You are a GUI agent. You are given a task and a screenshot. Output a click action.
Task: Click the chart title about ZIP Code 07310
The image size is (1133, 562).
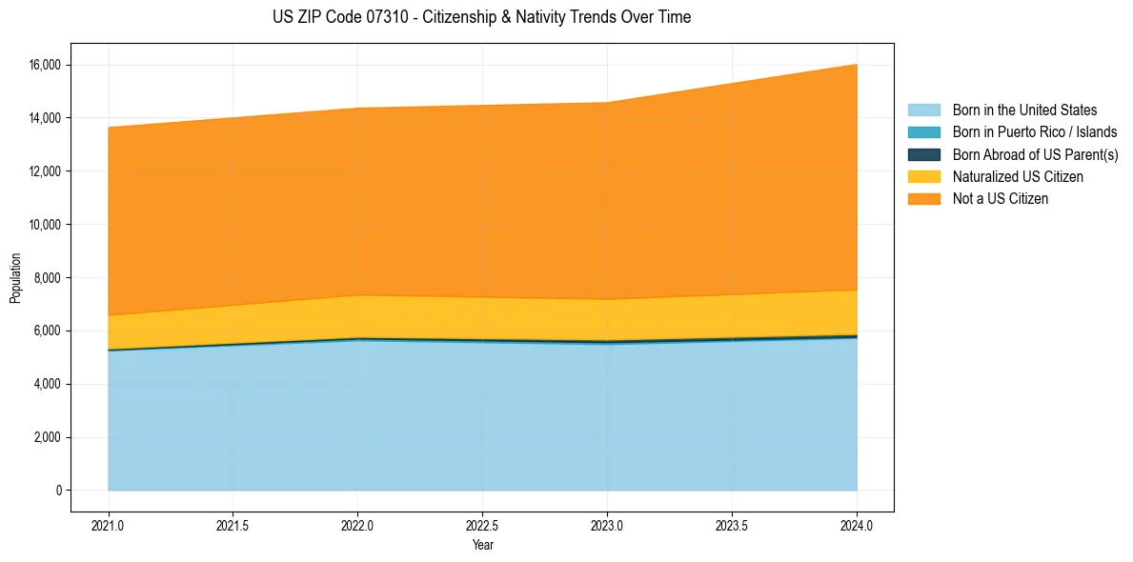tap(481, 17)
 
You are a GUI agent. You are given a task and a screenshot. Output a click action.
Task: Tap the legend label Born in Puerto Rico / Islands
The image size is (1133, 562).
tap(1035, 132)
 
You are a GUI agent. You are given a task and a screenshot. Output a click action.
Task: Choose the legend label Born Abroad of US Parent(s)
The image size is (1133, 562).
tap(1035, 154)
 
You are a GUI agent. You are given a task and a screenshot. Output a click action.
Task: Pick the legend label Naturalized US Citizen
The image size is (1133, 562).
tap(1018, 177)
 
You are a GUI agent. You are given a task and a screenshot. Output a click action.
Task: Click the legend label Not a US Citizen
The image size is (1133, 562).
tap(1001, 199)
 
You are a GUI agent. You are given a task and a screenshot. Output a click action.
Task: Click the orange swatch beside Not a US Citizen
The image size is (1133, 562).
tap(923, 199)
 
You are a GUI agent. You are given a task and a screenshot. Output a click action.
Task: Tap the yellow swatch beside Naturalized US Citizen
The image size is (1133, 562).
tap(923, 177)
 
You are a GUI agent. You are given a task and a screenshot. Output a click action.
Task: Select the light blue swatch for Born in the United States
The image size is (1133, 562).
tap(923, 110)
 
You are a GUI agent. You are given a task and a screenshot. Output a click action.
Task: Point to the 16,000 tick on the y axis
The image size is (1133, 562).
tap(45, 65)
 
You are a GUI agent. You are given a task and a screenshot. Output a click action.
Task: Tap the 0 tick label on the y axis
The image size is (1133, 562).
tap(58, 491)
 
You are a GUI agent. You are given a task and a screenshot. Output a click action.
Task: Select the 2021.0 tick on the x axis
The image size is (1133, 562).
tap(109, 525)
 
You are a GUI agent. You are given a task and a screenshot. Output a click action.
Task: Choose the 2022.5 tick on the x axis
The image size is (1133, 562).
tap(482, 525)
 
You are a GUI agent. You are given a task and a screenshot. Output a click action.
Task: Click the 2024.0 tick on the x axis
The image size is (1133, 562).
tap(857, 525)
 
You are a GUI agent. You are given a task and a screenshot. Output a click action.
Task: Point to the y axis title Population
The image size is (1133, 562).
tap(15, 278)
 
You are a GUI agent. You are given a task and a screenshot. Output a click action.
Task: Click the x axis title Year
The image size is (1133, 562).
tap(482, 546)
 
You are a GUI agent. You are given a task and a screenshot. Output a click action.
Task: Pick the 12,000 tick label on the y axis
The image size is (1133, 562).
tap(45, 171)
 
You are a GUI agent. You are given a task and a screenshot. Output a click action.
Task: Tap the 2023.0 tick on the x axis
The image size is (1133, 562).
tap(607, 525)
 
